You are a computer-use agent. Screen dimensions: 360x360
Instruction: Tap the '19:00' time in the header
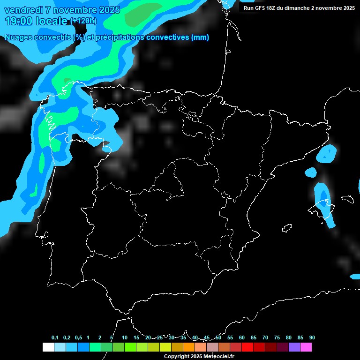click(x=18, y=21)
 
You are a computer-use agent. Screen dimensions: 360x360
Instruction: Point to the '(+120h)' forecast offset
click(x=83, y=21)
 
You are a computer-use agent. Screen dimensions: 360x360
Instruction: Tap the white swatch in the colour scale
click(x=48, y=347)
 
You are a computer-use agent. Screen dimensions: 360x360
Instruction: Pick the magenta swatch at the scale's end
click(x=306, y=347)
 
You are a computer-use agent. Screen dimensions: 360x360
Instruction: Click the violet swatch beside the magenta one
click(x=294, y=347)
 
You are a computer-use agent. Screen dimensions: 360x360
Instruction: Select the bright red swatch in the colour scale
click(x=247, y=347)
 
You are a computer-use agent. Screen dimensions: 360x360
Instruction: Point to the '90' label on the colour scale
click(x=312, y=338)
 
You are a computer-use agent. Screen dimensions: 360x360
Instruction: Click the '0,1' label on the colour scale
click(x=55, y=338)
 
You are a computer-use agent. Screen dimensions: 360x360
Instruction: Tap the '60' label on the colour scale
click(x=241, y=338)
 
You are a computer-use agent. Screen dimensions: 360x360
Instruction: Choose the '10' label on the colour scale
click(x=124, y=338)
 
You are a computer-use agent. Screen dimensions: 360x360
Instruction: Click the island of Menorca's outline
click(x=347, y=199)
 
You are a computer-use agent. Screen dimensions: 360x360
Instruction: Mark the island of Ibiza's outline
click(x=287, y=228)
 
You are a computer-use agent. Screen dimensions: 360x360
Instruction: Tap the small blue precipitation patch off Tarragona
click(x=311, y=172)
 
